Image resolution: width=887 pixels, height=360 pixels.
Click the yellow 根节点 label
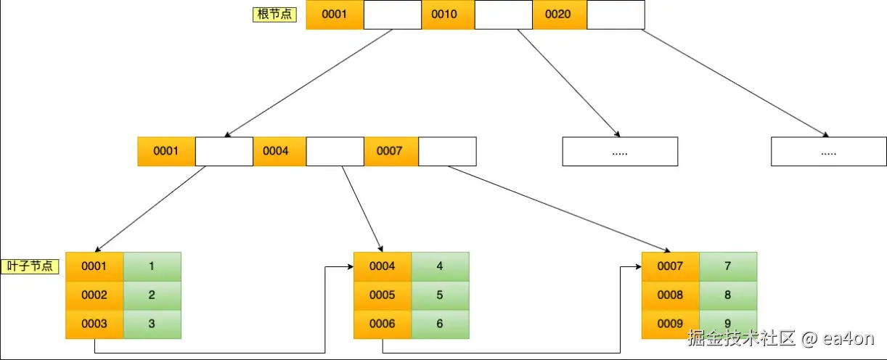click(274, 14)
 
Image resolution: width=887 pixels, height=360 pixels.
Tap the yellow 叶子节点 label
click(29, 266)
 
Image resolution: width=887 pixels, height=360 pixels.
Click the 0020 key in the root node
click(559, 15)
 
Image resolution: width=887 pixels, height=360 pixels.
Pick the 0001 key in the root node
click(335, 15)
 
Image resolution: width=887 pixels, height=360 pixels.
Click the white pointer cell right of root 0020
click(616, 15)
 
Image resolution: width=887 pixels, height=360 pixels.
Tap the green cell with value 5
click(440, 295)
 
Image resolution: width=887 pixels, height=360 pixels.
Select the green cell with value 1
click(152, 266)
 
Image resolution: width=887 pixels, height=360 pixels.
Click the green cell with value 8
click(728, 295)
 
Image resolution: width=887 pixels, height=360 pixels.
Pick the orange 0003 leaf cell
click(94, 324)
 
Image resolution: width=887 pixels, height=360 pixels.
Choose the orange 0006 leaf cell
click(383, 324)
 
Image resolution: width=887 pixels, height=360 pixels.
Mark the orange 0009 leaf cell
click(671, 323)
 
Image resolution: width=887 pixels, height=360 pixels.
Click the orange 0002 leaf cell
click(94, 295)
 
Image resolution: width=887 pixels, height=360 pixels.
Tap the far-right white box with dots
click(828, 152)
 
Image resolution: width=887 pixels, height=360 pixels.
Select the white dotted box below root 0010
click(620, 152)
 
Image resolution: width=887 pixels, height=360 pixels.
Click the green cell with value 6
click(440, 324)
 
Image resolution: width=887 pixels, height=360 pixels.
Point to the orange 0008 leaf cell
click(671, 295)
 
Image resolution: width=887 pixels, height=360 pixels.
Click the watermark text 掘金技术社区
click(741, 338)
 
